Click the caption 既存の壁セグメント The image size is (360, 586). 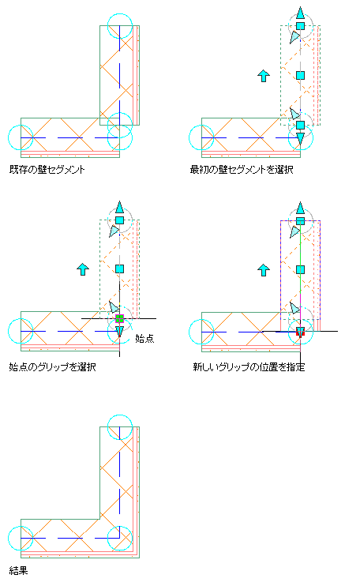point(47,170)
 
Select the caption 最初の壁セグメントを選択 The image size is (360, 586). point(242,170)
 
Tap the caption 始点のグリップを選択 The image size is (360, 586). point(52,367)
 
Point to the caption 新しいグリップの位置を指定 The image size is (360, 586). point(249,367)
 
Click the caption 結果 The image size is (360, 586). point(18,571)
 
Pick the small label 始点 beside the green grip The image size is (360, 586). point(144,339)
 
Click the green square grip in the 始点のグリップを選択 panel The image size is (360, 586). point(119,318)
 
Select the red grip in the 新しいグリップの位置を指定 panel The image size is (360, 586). point(300,332)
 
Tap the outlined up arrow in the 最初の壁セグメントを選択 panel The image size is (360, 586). point(264,76)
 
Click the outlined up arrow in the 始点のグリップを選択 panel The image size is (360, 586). point(83,269)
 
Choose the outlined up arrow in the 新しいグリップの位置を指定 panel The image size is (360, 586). point(264,270)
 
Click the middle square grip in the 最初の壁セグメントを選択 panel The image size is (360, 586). point(300,76)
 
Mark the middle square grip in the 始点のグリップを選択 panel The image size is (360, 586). point(119,269)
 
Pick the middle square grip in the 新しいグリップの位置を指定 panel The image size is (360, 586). point(300,269)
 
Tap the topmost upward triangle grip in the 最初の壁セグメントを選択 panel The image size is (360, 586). point(300,13)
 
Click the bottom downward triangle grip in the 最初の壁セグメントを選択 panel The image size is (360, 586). point(300,138)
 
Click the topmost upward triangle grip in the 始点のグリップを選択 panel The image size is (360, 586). point(119,208)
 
